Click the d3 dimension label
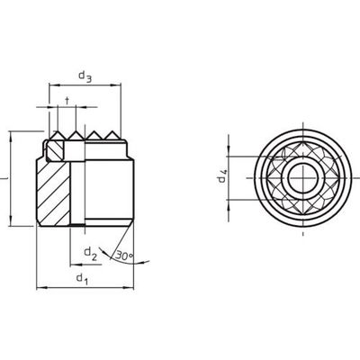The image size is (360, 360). (x=85, y=76)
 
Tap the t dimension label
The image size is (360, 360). (x=67, y=101)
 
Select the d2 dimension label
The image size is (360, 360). (x=90, y=253)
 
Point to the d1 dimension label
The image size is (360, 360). (x=82, y=279)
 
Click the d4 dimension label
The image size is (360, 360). (x=222, y=176)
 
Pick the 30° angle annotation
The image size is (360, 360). (x=124, y=256)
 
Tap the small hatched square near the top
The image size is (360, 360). (x=55, y=150)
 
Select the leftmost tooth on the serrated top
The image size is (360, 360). (x=57, y=135)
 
